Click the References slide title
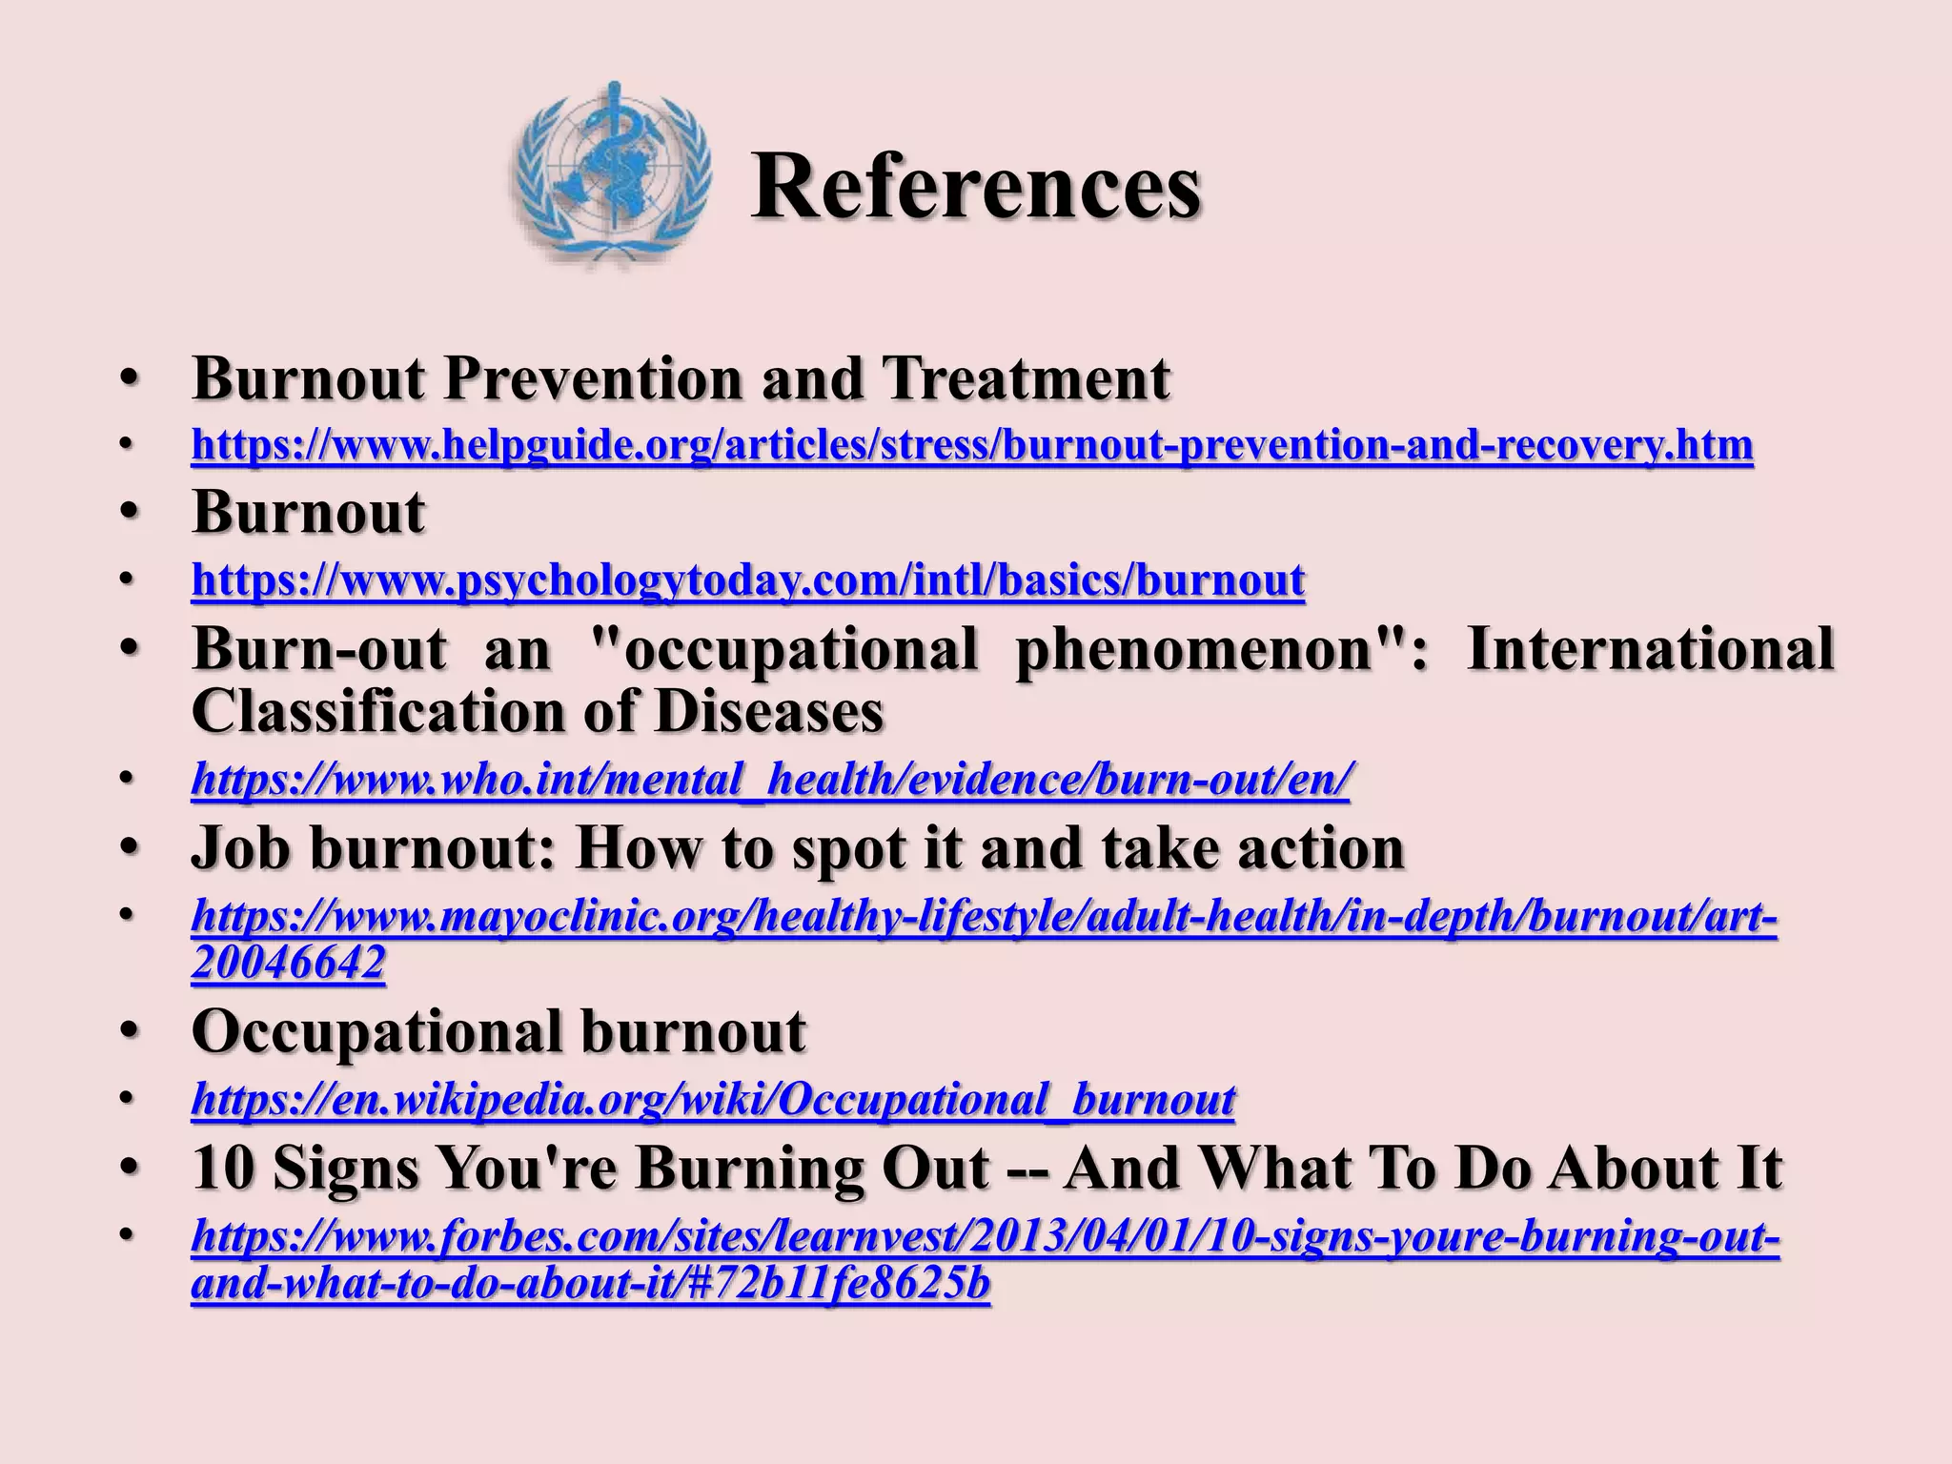(975, 186)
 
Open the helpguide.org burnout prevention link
(972, 445)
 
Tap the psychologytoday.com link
(748, 579)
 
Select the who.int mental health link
(770, 780)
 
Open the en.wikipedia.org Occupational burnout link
(713, 1099)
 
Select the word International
(1650, 648)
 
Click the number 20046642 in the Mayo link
(288, 963)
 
